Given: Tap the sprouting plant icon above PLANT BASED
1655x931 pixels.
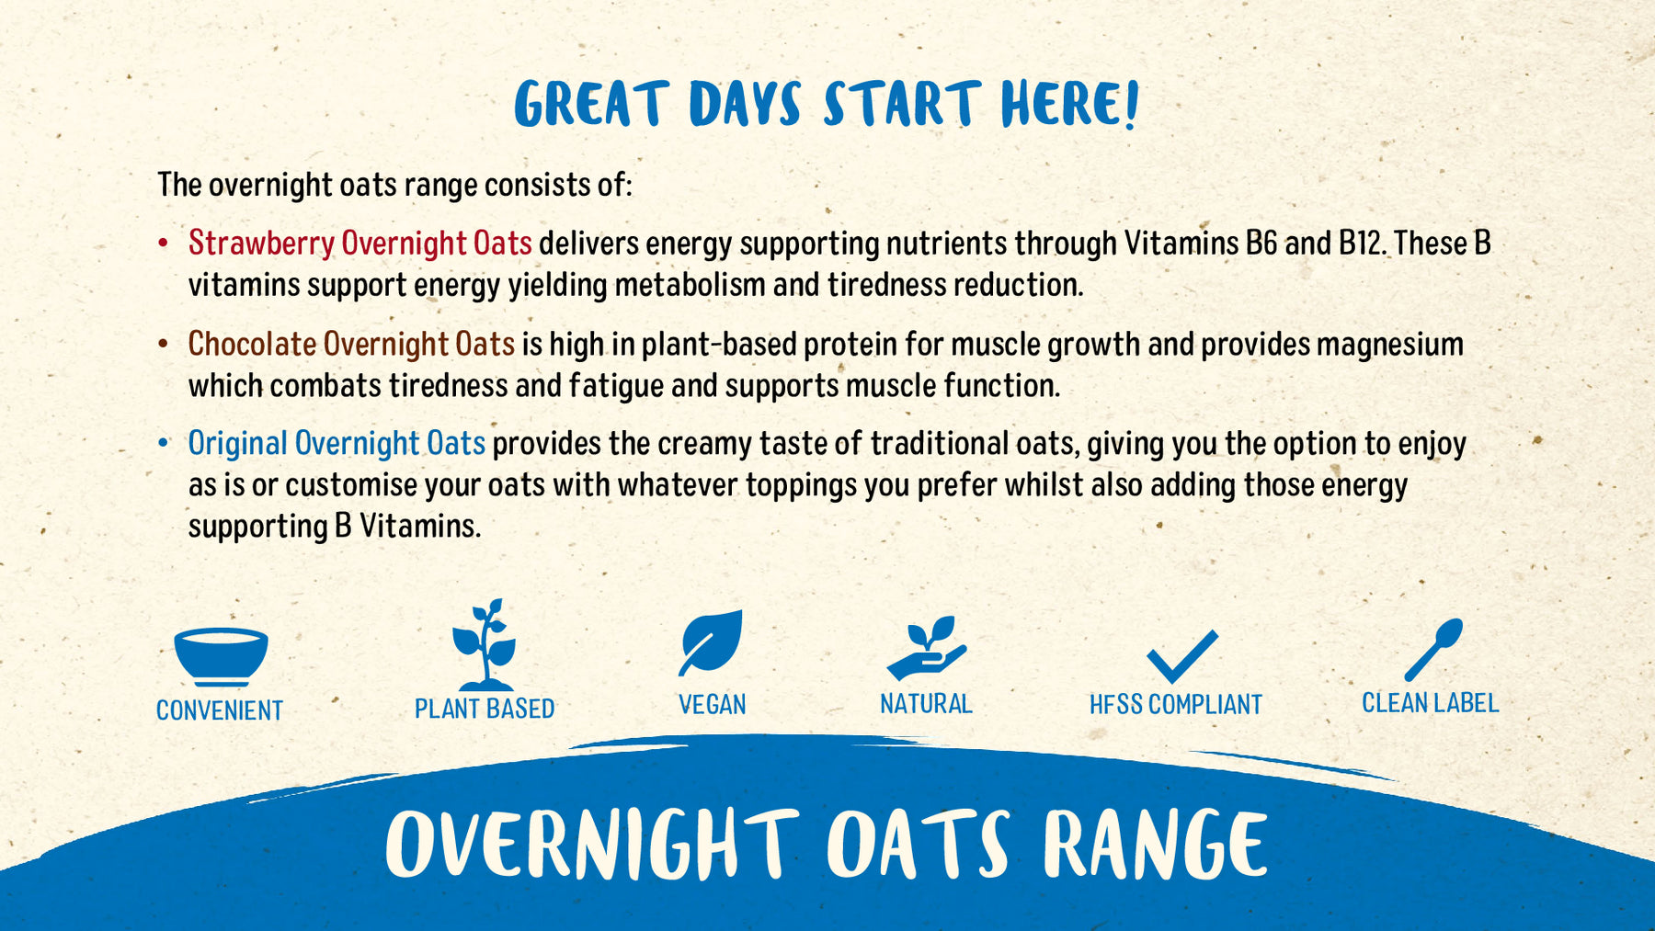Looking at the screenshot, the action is pos(485,646).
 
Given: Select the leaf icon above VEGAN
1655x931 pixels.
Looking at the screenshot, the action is pos(711,642).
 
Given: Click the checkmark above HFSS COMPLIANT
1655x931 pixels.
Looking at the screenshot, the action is pos(1181,656).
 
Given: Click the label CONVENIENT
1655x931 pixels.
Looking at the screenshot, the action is pos(220,710).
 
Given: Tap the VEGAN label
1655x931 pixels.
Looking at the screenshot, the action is pos(712,705).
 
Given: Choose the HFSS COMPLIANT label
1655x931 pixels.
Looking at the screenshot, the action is pos(1175,705).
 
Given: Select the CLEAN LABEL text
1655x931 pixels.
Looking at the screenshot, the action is pos(1430,703).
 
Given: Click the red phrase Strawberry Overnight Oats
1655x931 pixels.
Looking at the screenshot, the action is pos(360,244).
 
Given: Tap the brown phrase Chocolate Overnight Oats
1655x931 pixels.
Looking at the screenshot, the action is pos(351,344).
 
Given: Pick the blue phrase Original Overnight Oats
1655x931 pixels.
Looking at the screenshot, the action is pos(337,444).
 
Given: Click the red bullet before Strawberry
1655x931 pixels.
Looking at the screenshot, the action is pos(164,244).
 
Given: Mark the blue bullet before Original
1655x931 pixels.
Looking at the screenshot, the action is pos(164,443).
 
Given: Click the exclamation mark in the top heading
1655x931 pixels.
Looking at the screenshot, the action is pos(1131,103).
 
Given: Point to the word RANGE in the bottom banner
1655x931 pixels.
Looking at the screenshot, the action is pos(1155,844).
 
